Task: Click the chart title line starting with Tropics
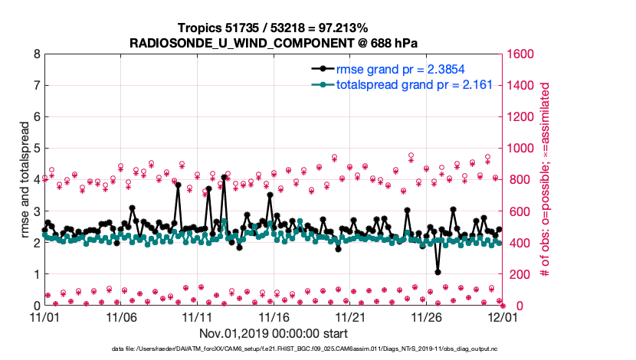273,27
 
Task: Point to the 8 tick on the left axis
36,54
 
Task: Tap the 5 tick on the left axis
36,149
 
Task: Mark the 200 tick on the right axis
520,274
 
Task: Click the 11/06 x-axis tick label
120,316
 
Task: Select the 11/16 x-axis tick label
274,316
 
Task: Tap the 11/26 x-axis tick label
427,316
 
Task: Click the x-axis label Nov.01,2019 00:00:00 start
274,333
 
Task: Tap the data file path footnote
317,349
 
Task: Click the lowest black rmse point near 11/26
438,271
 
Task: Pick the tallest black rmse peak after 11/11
224,177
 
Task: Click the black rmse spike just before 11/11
178,185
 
